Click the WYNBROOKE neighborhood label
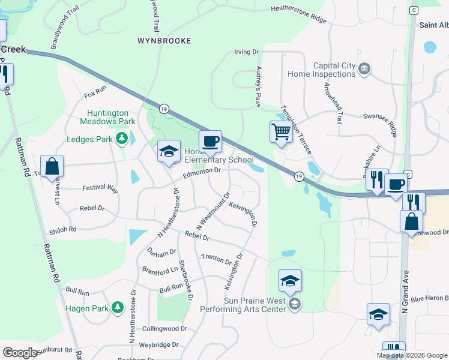[164, 41]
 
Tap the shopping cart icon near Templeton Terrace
[281, 131]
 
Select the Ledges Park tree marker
[122, 140]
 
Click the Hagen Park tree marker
[118, 308]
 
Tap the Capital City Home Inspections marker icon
[364, 70]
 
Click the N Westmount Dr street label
[213, 209]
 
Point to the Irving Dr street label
[246, 52]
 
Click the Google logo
[20, 353]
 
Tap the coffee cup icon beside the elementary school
[210, 142]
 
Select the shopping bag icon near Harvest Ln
[52, 166]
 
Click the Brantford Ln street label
[160, 270]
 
